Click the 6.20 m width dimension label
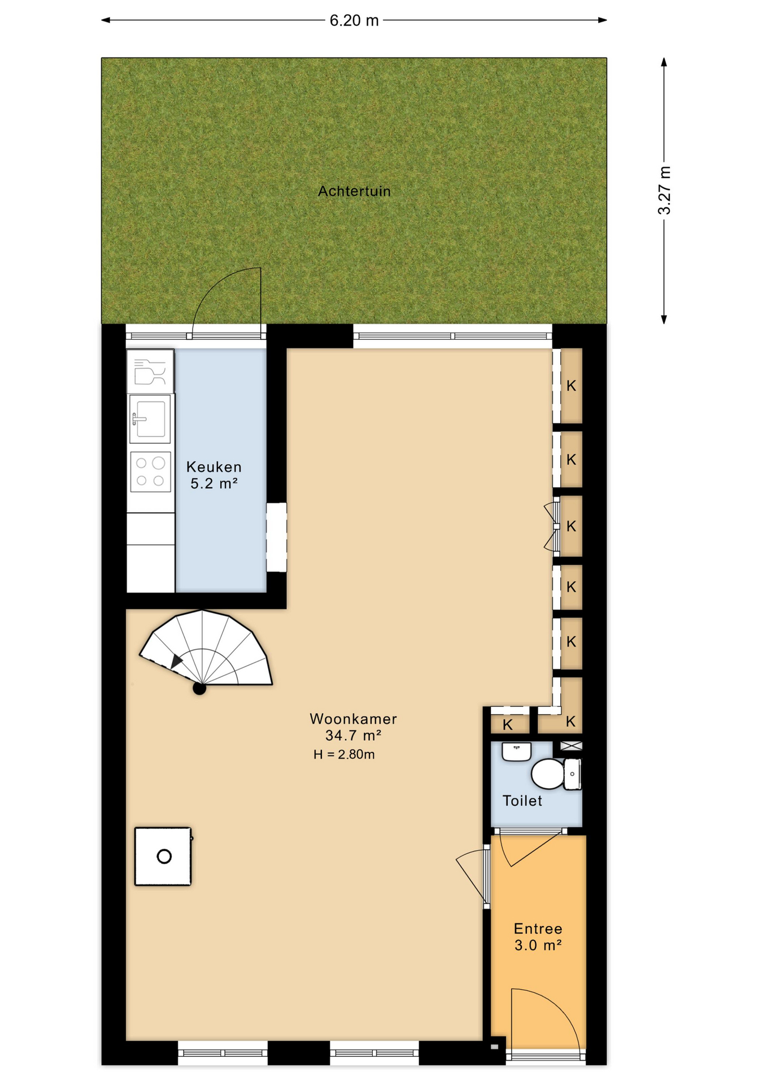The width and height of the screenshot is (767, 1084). pos(354,20)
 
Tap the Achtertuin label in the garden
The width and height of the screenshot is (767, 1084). pos(354,191)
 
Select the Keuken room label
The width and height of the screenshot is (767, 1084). pos(214,467)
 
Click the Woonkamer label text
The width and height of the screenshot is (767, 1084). pos(354,719)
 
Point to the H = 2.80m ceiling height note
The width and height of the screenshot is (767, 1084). pos(344,754)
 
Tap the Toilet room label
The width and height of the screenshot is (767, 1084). pos(522,801)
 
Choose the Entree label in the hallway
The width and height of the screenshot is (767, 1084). pos(538,929)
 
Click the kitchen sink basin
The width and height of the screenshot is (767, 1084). pos(150,418)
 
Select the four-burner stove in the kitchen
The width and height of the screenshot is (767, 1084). pos(150,472)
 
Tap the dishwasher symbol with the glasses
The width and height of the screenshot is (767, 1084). pos(150,371)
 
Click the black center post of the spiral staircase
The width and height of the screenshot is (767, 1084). pos(199,688)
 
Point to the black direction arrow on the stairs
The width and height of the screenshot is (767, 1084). pos(177,661)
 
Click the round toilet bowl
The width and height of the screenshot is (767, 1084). pos(548,773)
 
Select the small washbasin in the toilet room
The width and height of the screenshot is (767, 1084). pos(517,752)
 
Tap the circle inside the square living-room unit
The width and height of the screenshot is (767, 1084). pos(164,856)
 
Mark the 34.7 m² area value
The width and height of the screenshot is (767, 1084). pos(354,736)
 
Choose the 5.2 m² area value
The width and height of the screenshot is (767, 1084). pos(214,484)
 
